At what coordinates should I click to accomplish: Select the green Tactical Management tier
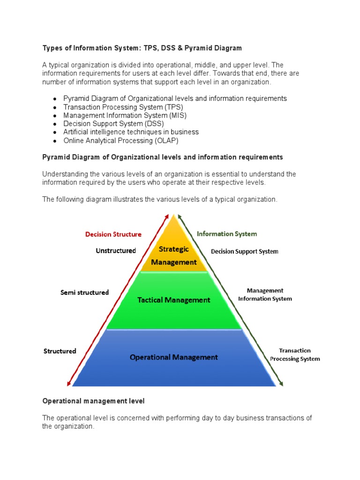(174, 300)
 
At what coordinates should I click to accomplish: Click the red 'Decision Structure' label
(113, 234)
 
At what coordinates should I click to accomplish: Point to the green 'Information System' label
(227, 233)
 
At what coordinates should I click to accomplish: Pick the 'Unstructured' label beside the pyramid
(116, 251)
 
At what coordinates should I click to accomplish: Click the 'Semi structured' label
(84, 292)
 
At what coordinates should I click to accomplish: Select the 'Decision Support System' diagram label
(244, 251)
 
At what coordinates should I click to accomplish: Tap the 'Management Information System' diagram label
(265, 294)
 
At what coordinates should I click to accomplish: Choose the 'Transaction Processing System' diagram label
(294, 354)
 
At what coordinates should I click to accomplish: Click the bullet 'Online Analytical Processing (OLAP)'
(121, 140)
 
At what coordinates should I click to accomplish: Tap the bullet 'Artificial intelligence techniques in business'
(131, 132)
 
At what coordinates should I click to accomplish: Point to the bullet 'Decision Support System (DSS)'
(113, 124)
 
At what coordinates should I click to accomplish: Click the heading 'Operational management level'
(93, 401)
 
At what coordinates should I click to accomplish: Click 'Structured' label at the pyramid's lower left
(60, 351)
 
